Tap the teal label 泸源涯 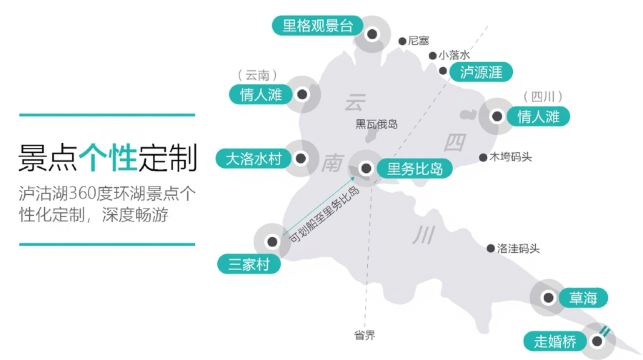tap(479, 72)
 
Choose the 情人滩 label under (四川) tap(537, 117)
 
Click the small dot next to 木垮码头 tap(482, 157)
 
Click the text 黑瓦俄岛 tap(377, 125)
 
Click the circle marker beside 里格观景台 tap(372, 33)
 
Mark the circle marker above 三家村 tap(270, 241)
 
